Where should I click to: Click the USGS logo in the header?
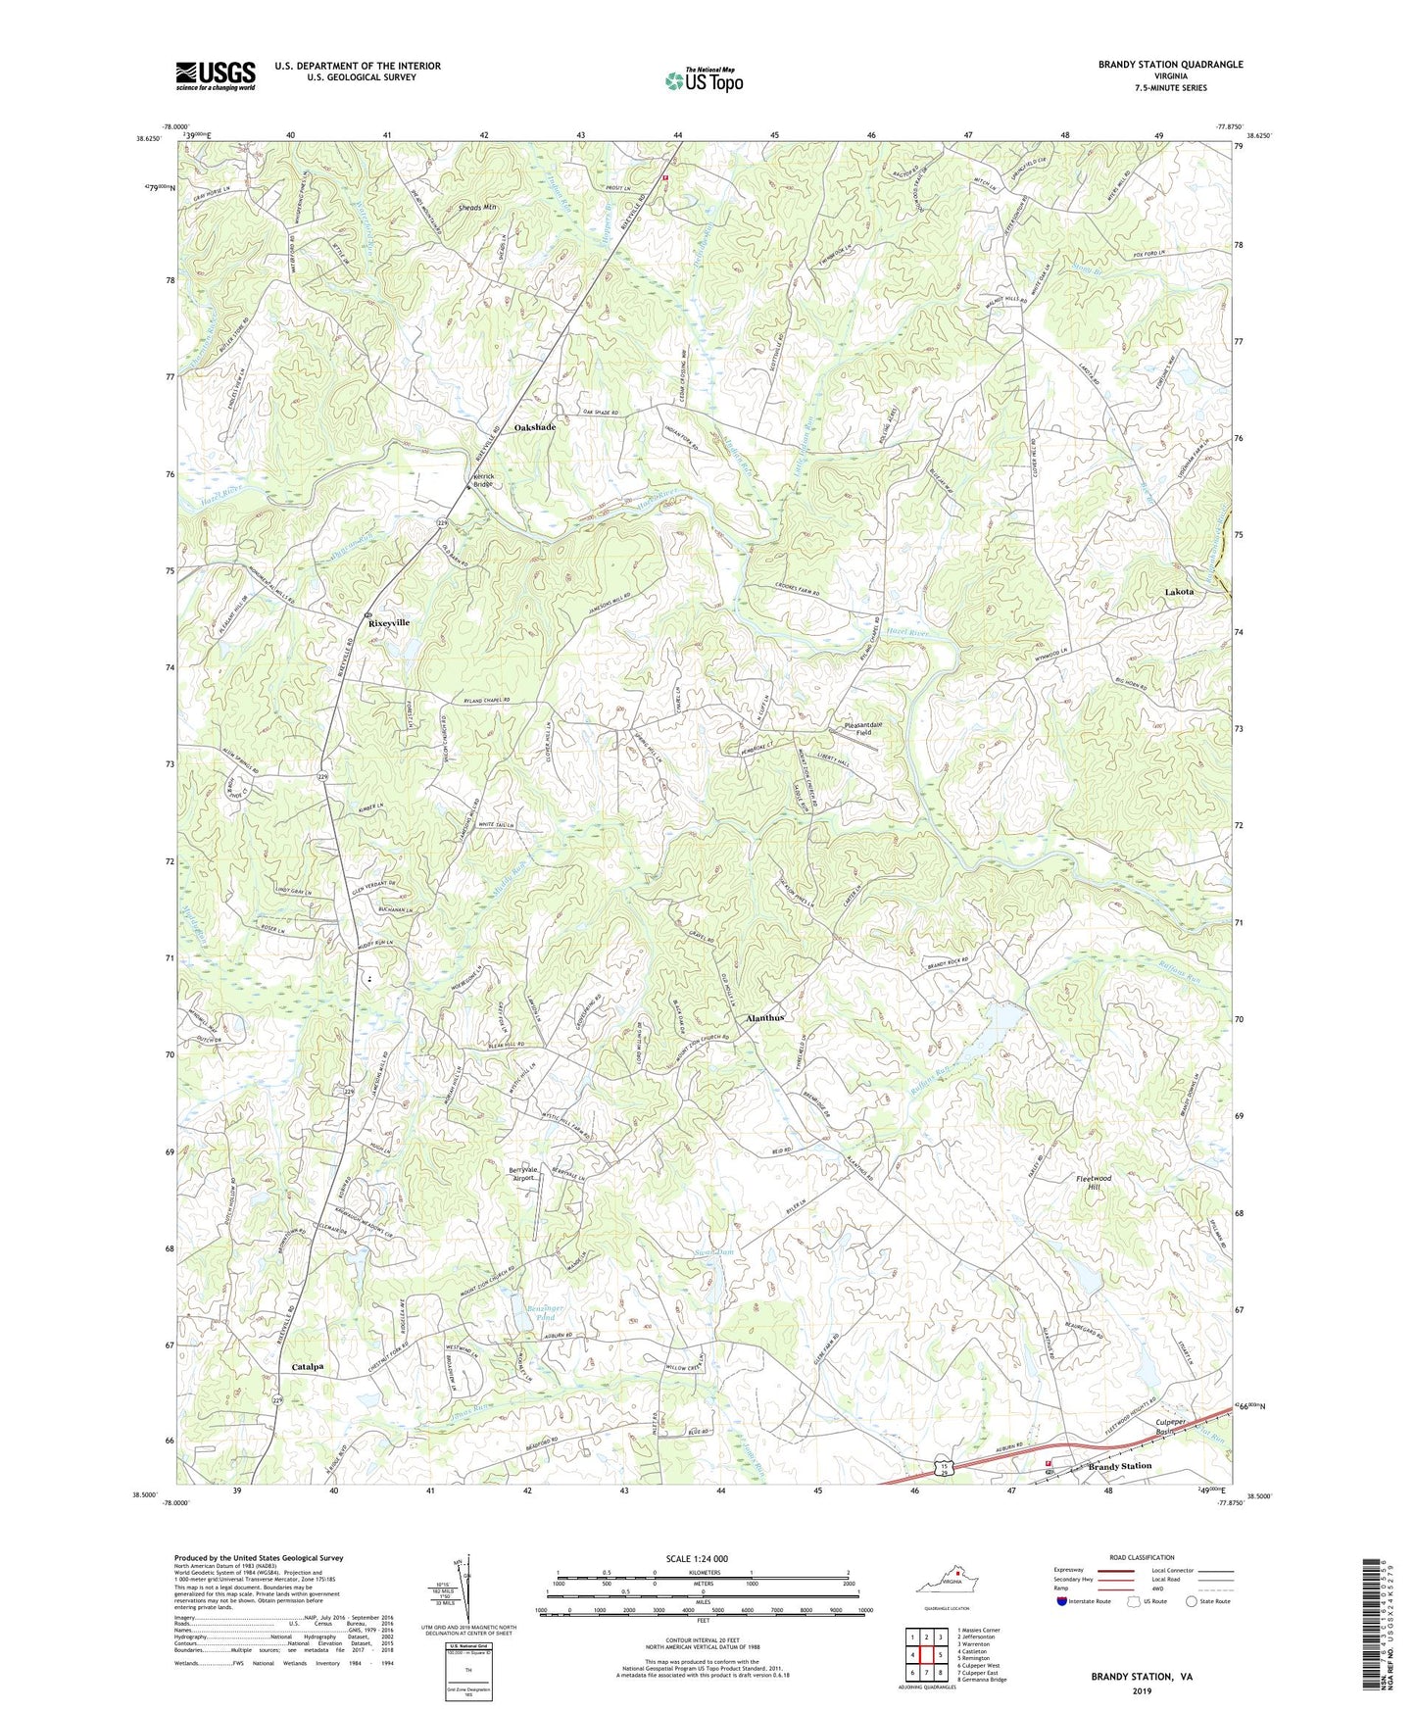(216, 75)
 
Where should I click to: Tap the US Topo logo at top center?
(703, 80)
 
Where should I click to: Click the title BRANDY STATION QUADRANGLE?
(1170, 65)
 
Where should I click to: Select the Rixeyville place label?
(388, 623)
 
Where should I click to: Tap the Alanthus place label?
(765, 1018)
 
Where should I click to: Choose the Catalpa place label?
(308, 1366)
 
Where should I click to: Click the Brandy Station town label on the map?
(1120, 1466)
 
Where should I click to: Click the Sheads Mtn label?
(478, 208)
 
